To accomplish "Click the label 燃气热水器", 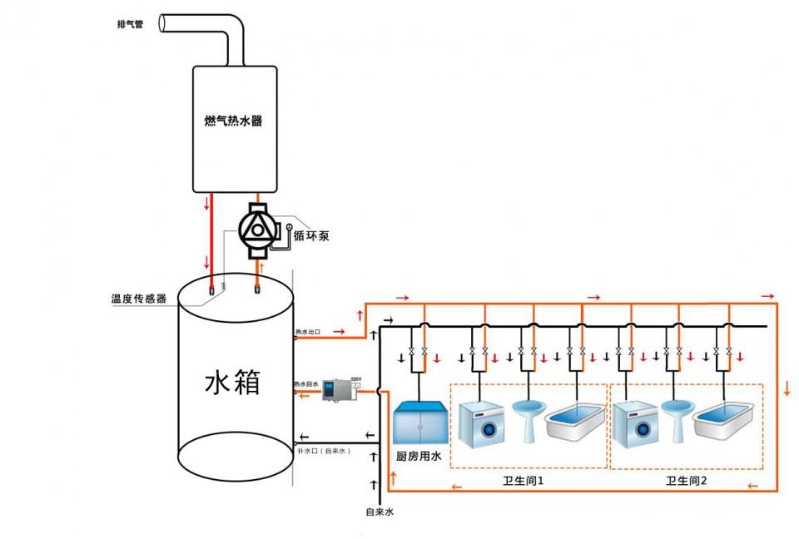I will (233, 121).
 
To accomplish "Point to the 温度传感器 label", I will (139, 298).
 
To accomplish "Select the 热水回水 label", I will (306, 385).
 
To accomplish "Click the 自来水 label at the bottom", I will (380, 512).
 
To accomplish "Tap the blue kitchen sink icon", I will (420, 424).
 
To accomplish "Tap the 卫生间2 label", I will (686, 481).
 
